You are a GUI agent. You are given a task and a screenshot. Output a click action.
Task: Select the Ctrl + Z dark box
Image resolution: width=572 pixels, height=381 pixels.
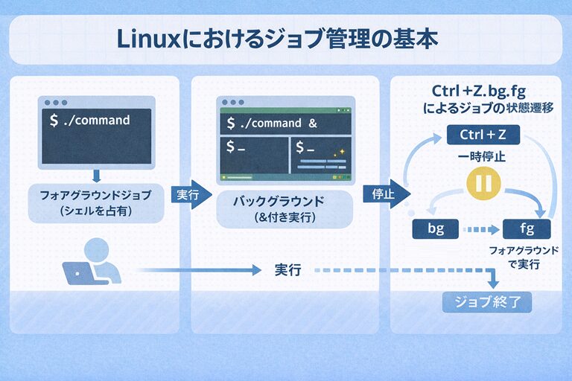click(483, 135)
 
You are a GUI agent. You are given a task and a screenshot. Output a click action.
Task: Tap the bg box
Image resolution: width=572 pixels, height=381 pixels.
click(436, 229)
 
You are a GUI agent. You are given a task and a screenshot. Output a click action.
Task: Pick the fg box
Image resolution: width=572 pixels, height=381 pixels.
click(527, 229)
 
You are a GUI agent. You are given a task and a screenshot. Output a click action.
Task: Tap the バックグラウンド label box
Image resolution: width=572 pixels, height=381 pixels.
click(274, 209)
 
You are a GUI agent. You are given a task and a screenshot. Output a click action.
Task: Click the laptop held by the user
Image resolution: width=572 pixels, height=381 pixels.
click(77, 273)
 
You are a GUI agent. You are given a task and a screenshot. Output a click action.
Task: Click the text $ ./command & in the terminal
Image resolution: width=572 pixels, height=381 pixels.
click(272, 123)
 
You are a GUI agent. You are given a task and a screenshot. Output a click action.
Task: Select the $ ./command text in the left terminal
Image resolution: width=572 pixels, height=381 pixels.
click(89, 120)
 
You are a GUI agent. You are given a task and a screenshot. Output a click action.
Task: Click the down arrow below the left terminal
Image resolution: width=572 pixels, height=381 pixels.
click(95, 176)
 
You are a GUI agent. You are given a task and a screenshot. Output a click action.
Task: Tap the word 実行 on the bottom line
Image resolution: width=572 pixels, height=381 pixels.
click(287, 271)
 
